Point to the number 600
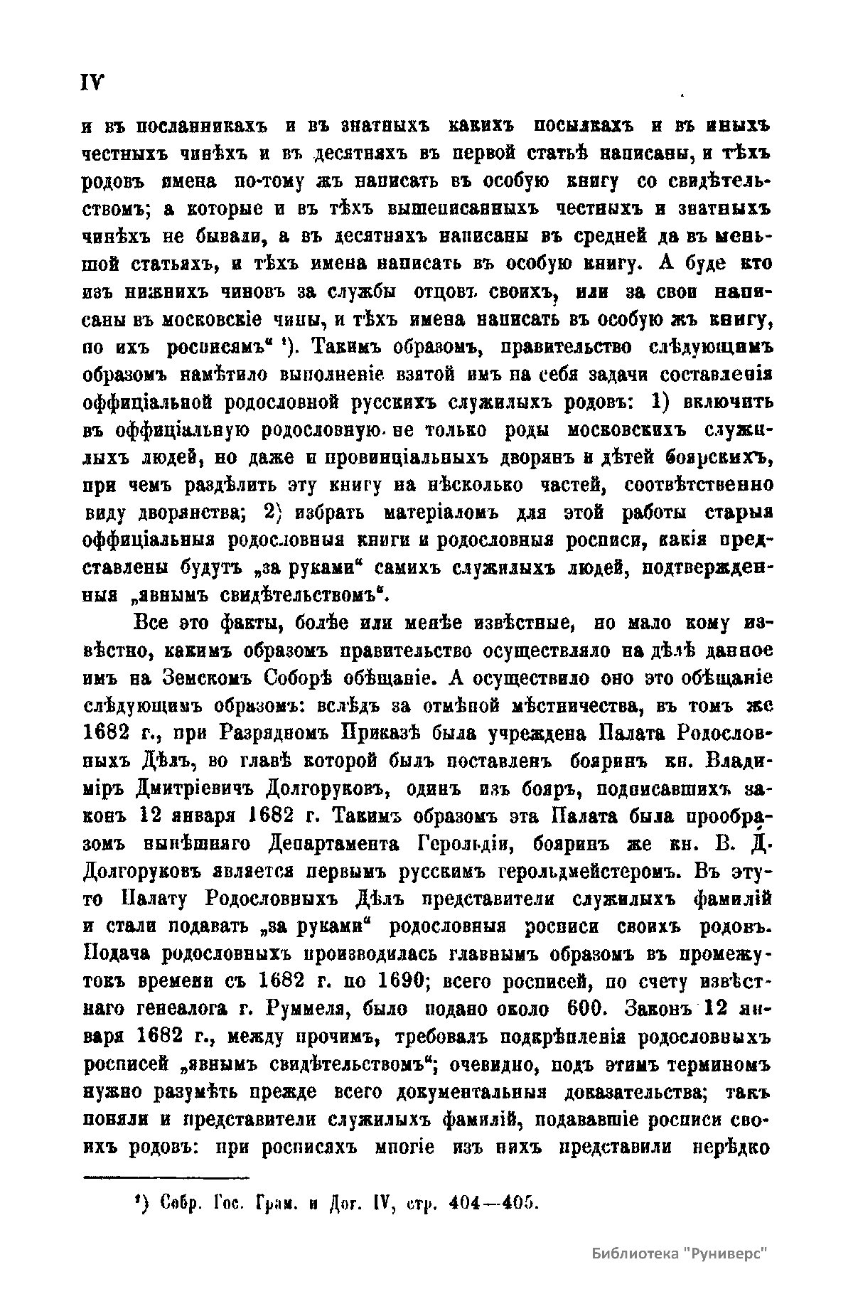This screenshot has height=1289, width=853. (x=587, y=1009)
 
